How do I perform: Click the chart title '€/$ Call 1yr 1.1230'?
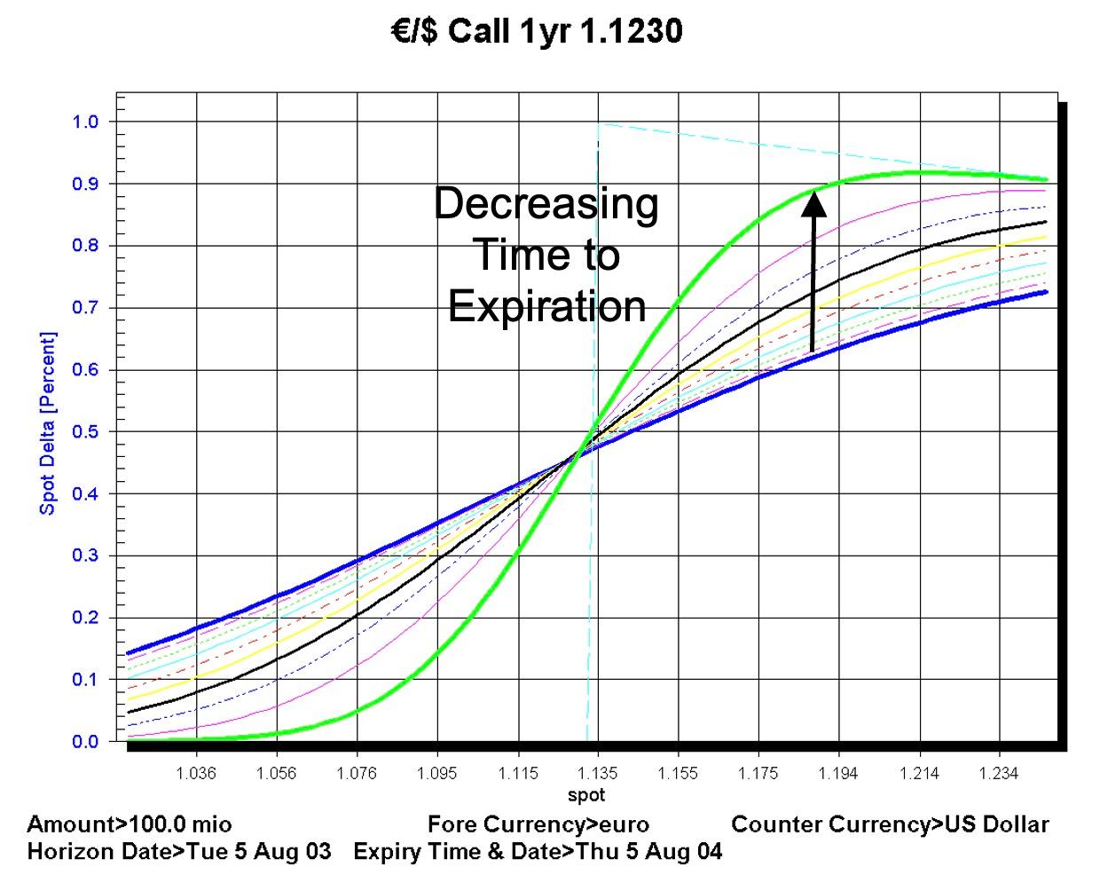(x=538, y=32)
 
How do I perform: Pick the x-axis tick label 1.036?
(x=196, y=774)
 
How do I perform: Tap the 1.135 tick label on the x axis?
(x=599, y=774)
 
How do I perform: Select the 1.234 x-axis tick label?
(x=1000, y=774)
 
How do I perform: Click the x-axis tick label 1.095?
(x=437, y=774)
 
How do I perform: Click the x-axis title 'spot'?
(x=586, y=794)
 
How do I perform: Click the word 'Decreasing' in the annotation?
(x=546, y=203)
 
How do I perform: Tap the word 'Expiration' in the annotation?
(x=547, y=307)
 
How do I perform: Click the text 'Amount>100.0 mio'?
(x=130, y=824)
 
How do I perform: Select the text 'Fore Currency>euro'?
(x=538, y=824)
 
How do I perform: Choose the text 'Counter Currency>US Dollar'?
(x=890, y=824)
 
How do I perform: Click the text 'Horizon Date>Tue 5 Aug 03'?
(x=179, y=852)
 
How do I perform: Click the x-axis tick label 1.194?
(x=838, y=774)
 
